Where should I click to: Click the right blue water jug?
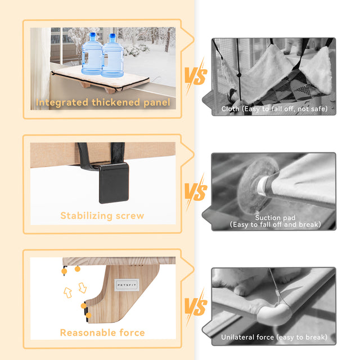(112, 56)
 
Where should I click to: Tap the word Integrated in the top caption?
(62, 102)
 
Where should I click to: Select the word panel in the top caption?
(156, 102)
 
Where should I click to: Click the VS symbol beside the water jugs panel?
(196, 76)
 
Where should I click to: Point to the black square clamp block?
(114, 183)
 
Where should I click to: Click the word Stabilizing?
(87, 216)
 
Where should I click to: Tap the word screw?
(130, 216)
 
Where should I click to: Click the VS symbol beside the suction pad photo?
(196, 191)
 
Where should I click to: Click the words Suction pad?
(275, 218)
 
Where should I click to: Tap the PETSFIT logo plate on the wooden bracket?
(127, 285)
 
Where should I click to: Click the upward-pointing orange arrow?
(67, 292)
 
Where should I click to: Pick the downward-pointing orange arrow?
(83, 288)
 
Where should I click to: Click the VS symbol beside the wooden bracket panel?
(196, 307)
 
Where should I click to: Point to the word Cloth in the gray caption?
(230, 109)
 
